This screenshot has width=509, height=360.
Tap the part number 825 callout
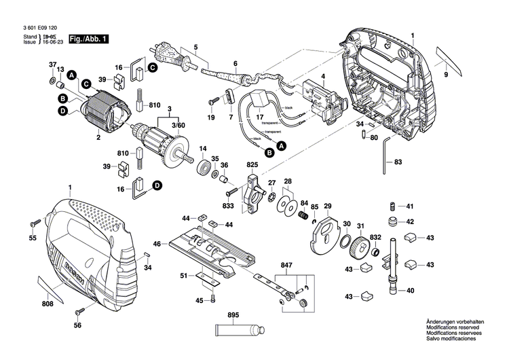point(252,165)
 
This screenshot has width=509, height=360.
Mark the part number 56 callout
point(77,325)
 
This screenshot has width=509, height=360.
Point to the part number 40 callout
point(409,291)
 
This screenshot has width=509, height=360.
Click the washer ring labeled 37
point(52,83)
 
